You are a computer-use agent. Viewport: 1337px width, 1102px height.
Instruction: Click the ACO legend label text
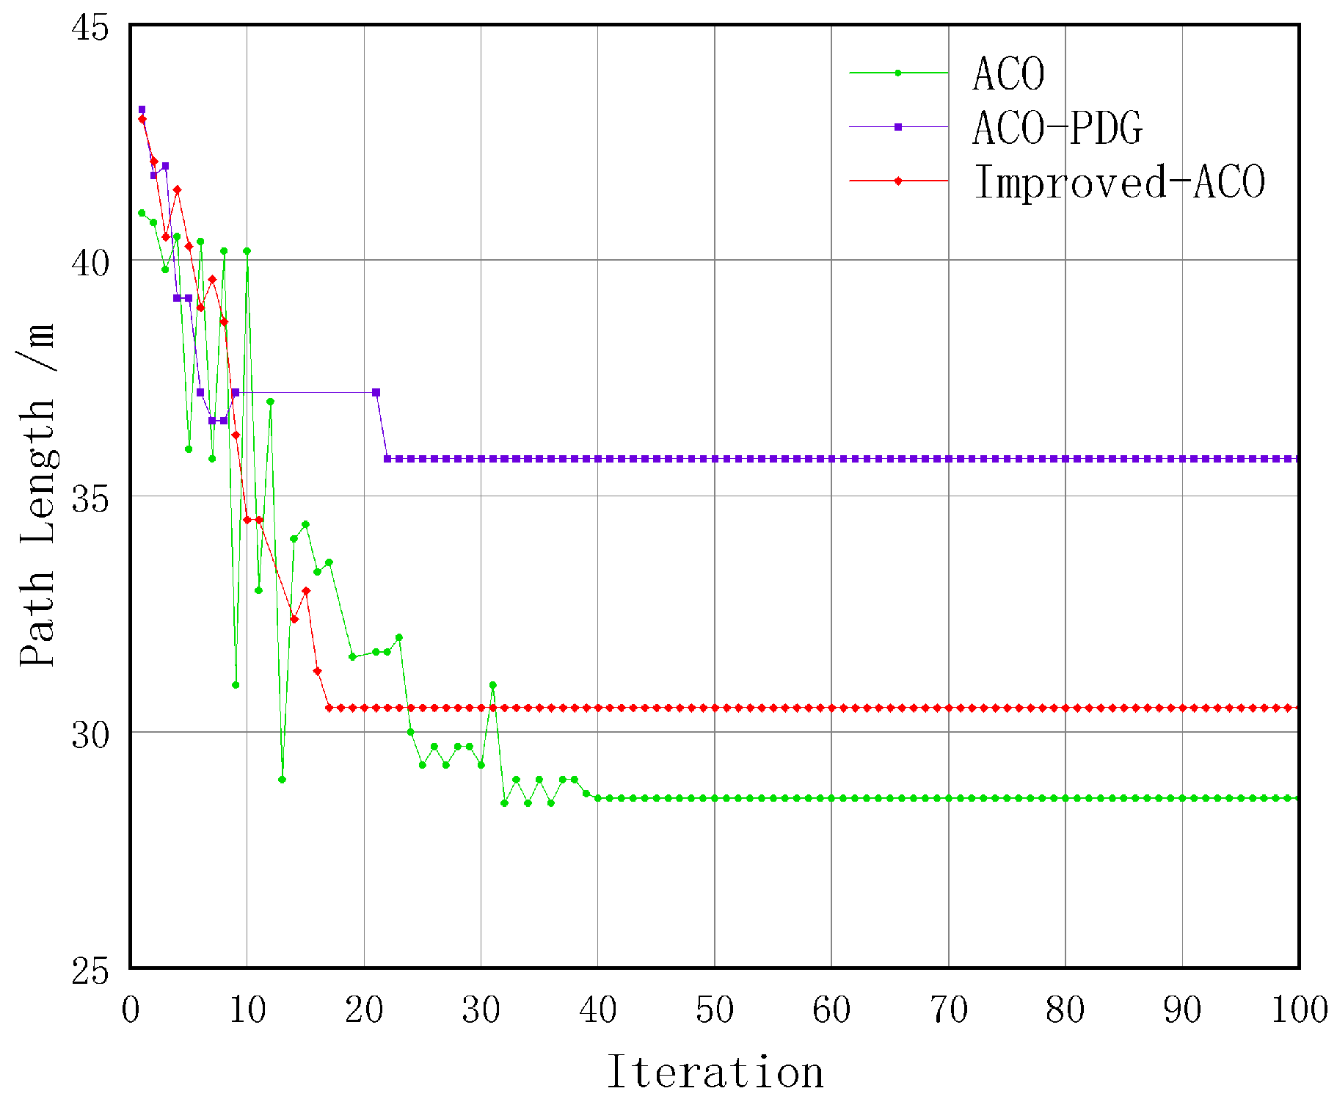pos(1008,74)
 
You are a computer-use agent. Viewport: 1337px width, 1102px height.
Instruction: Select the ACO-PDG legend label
pos(1057,128)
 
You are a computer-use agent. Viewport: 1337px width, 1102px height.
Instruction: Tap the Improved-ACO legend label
pos(1119,181)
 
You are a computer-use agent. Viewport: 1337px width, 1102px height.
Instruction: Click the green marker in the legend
pos(897,73)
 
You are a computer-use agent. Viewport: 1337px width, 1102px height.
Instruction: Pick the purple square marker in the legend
pos(897,127)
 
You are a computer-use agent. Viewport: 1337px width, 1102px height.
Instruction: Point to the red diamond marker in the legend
pos(897,181)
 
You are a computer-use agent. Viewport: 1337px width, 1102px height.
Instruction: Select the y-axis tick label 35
pos(89,499)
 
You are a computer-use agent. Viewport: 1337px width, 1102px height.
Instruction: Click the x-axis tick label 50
pos(715,1010)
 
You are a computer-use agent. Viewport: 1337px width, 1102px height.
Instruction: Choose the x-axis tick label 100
pos(1299,1010)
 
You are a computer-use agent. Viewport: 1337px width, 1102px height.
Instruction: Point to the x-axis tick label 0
pos(131,1010)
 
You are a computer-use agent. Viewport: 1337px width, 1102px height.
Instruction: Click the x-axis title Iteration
pos(715,1073)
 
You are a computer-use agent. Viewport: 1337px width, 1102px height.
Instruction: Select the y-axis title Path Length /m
pos(37,496)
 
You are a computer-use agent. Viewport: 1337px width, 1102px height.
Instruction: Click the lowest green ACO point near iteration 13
pos(282,780)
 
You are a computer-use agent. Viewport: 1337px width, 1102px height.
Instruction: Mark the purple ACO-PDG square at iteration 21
pos(376,393)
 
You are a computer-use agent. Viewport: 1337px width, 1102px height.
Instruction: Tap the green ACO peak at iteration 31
pos(492,685)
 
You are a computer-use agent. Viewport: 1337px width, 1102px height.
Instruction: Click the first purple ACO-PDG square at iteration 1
pos(142,109)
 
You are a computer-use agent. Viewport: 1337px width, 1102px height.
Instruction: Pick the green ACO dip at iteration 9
pos(236,685)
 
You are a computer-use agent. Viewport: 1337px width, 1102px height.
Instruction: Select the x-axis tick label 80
pos(1065,1010)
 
